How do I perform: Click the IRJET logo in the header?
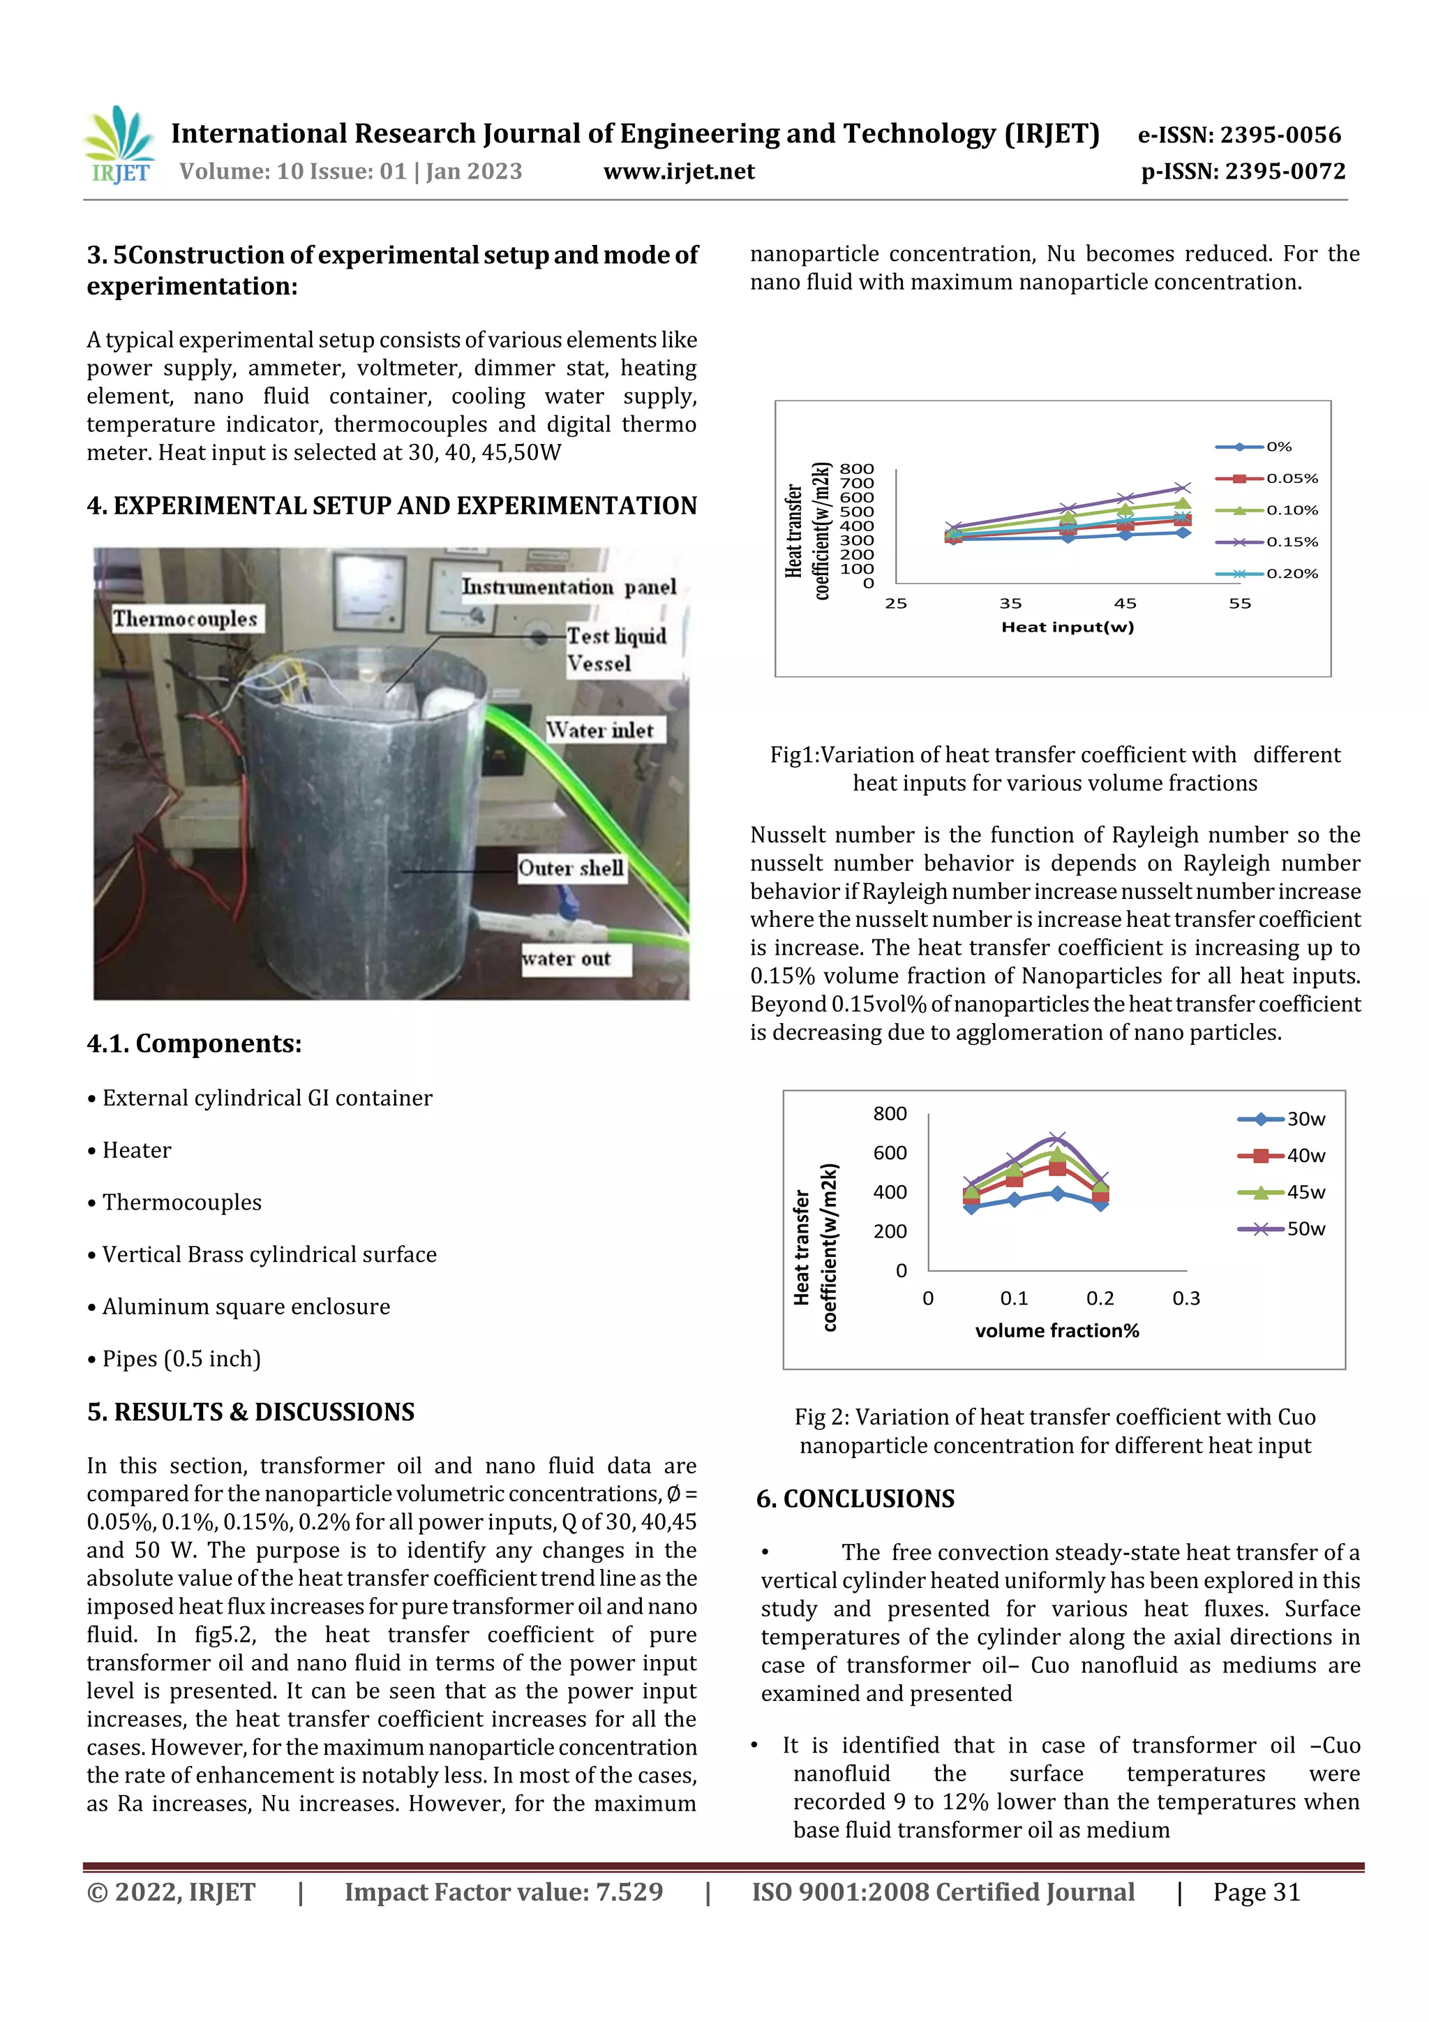tap(121, 146)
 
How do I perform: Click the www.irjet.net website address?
tap(679, 172)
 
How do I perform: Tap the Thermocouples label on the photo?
tap(185, 619)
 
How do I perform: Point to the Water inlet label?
tap(601, 730)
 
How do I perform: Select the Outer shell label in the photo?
tap(571, 868)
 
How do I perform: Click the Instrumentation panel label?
tap(569, 588)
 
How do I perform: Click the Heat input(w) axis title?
tap(1067, 627)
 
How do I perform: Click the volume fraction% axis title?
tap(1056, 1331)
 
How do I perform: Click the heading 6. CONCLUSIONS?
tap(855, 1499)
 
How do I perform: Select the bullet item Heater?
tap(137, 1150)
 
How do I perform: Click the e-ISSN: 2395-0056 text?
tap(1239, 135)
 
